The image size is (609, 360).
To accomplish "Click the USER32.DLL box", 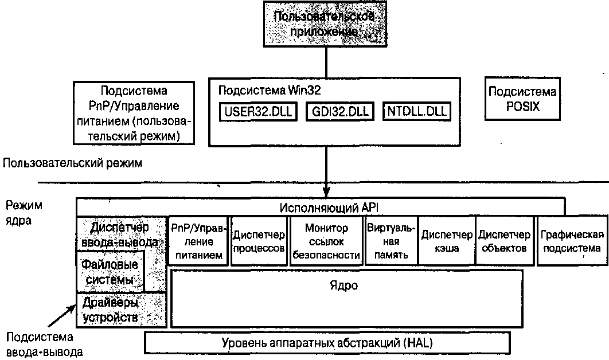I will tap(257, 111).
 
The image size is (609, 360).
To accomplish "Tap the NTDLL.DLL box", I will tap(417, 111).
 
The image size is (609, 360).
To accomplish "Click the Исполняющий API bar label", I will tap(321, 207).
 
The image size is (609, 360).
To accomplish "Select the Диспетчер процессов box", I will tap(259, 241).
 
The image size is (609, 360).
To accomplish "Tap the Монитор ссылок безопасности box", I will tap(326, 241).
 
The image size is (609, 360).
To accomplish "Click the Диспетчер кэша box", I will tap(447, 241).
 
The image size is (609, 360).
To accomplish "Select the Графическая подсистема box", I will tap(571, 241).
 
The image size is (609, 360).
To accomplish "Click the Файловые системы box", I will tap(110, 272).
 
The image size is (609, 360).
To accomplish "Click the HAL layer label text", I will tap(328, 343).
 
